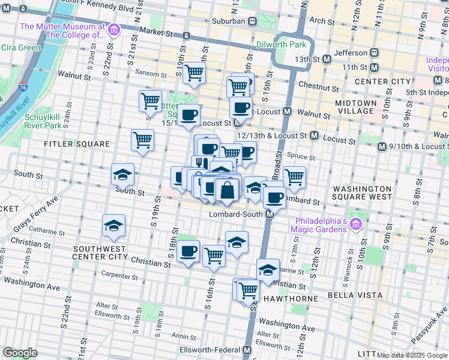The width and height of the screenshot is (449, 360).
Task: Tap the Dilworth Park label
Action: (x=282, y=44)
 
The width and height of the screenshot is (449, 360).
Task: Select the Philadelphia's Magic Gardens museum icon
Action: (x=356, y=224)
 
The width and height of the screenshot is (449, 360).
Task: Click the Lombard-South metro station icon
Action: (x=270, y=214)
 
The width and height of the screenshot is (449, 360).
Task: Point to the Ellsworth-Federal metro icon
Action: (x=247, y=350)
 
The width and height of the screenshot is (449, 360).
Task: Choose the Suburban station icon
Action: (x=253, y=21)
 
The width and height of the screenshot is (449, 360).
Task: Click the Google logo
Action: (x=20, y=353)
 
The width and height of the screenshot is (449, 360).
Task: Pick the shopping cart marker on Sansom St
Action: (x=194, y=73)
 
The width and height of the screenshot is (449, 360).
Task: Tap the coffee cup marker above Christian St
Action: (x=188, y=251)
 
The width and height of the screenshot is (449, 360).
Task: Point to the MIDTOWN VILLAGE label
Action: (x=356, y=107)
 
